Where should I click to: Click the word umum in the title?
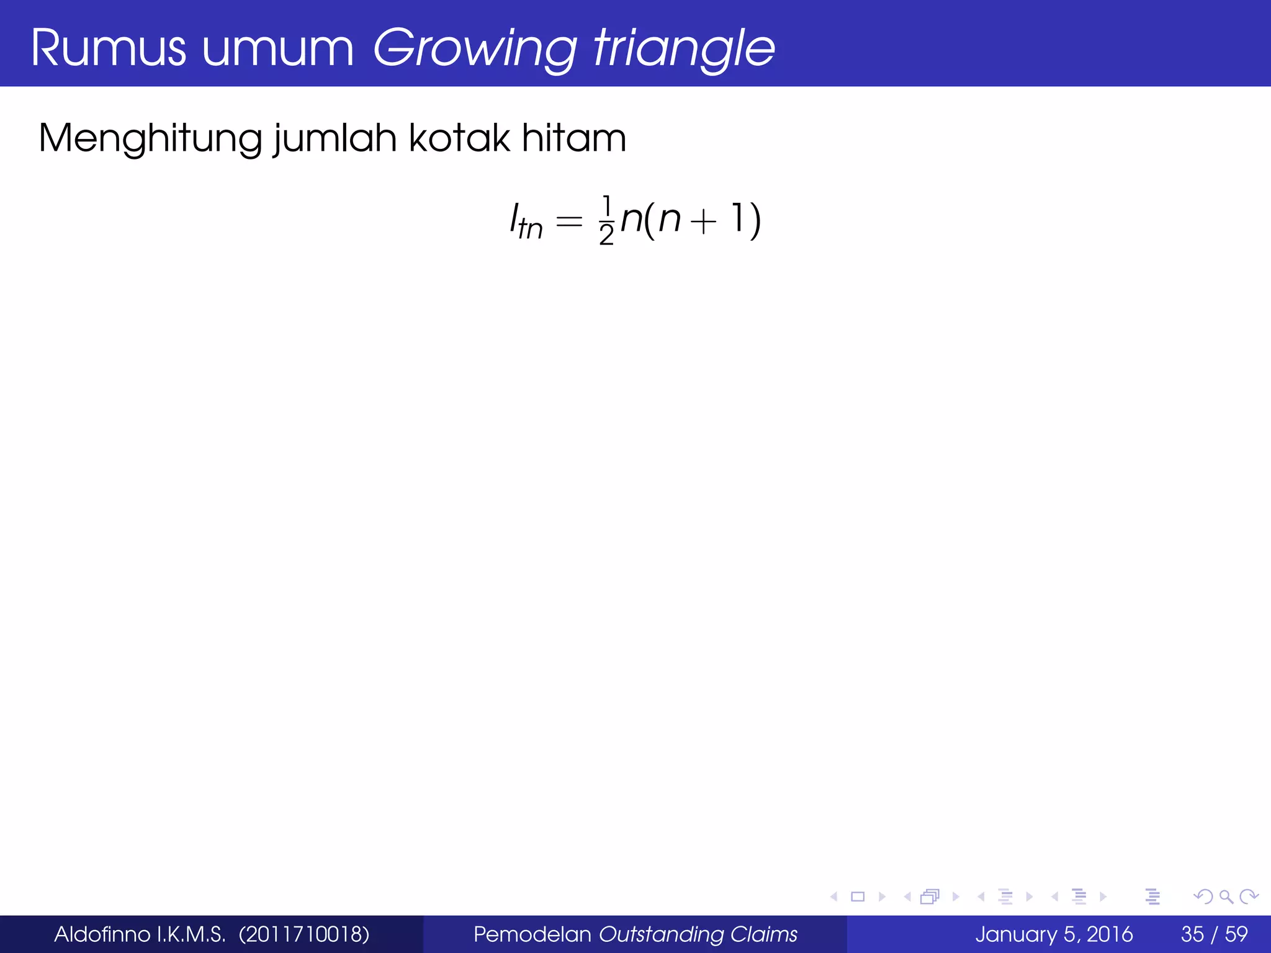click(277, 48)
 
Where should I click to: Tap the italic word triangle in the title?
click(684, 48)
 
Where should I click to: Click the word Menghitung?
click(150, 138)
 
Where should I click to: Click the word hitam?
click(574, 138)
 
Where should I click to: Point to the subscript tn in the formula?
click(531, 229)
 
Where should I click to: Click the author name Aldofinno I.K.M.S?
click(140, 934)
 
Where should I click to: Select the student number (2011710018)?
click(304, 934)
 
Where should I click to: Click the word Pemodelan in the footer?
click(532, 934)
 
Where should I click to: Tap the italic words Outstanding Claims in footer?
click(698, 934)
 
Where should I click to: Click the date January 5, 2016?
click(1054, 934)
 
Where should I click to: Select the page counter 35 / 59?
click(1214, 934)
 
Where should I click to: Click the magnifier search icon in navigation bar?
click(1226, 897)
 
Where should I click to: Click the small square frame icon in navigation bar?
click(858, 897)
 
